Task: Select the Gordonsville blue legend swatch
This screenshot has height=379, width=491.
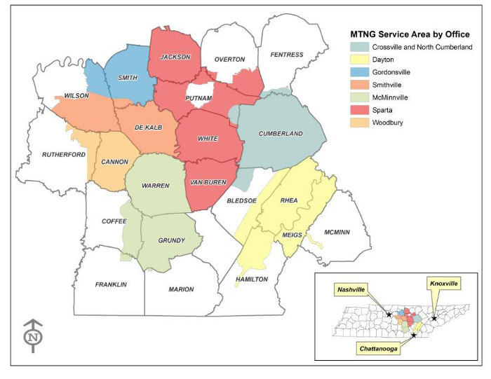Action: (361, 72)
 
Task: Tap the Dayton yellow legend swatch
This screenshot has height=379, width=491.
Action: (361, 60)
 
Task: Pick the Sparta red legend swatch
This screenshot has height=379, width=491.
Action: (361, 110)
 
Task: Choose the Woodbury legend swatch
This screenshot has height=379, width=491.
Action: (361, 123)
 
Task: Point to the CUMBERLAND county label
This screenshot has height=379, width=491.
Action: (281, 134)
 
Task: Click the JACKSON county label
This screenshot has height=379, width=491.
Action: (175, 57)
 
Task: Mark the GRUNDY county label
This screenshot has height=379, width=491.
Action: (171, 240)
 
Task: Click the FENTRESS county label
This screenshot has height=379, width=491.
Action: (287, 55)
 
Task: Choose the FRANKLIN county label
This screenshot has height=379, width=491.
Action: (111, 284)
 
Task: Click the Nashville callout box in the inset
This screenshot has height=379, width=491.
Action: (353, 289)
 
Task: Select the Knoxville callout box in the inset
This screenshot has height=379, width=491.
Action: (443, 283)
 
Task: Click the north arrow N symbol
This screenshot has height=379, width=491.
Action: (33, 336)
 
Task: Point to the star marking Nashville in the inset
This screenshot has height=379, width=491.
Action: (389, 315)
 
